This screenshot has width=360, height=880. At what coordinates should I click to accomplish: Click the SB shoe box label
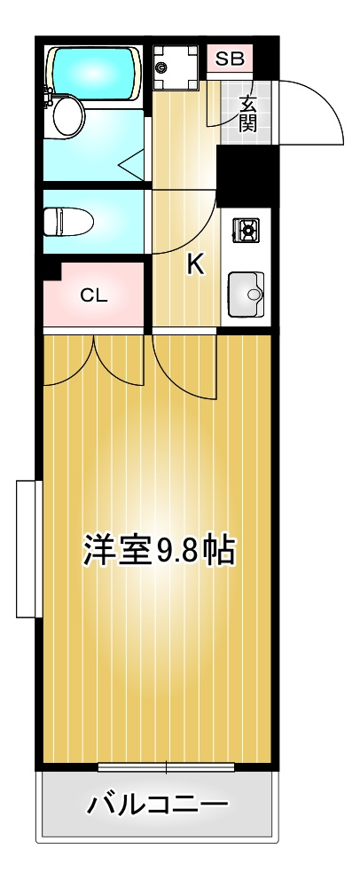230,60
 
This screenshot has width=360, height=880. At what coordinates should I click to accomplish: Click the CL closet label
94,295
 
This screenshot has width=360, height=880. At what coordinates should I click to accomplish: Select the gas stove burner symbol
246,232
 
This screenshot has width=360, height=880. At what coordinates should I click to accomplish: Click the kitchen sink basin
245,293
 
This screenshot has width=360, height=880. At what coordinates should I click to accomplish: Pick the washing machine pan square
175,67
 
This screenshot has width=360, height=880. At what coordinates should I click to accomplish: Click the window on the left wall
28,548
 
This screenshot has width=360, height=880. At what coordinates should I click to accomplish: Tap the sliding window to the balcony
166,766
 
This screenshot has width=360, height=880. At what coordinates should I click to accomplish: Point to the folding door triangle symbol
130,163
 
